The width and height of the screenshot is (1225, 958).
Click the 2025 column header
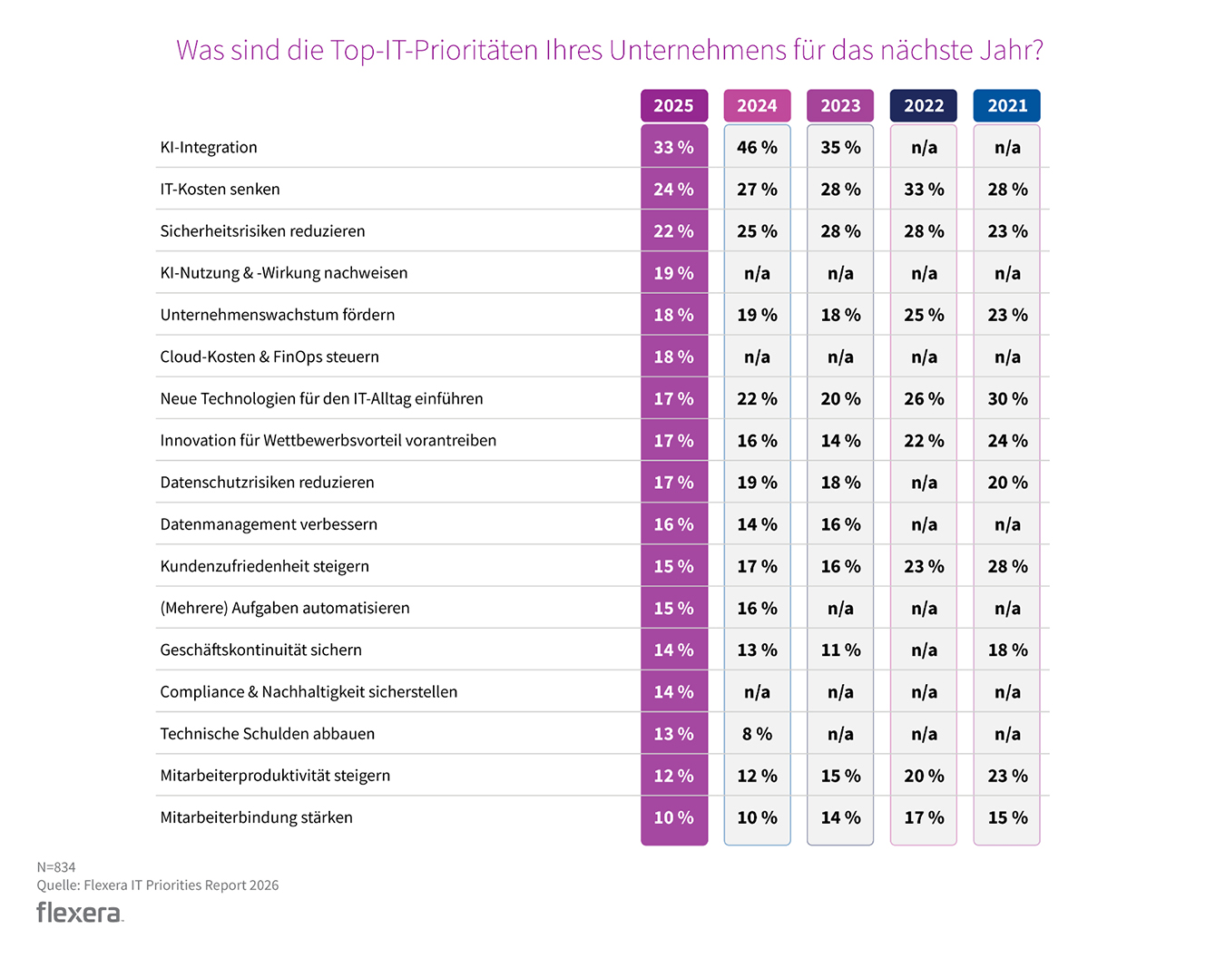[673, 106]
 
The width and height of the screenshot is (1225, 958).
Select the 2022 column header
[924, 106]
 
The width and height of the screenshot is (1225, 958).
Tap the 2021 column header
[1007, 106]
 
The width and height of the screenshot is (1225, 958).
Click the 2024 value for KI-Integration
[757, 147]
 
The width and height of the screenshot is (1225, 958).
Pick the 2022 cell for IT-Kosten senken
[924, 190]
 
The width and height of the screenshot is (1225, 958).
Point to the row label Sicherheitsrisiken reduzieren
[262, 231]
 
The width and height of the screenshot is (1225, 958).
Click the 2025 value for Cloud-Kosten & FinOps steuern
[673, 357]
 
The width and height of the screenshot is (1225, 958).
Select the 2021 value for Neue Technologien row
[1007, 399]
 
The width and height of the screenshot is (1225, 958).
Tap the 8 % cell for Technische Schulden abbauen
[757, 734]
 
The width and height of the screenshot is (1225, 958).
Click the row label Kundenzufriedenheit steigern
[264, 566]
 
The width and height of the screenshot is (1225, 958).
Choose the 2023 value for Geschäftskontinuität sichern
[840, 650]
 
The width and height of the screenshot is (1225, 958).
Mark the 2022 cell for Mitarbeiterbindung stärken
[924, 817]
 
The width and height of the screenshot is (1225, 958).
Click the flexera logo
[80, 913]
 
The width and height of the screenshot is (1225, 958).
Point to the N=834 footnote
[56, 867]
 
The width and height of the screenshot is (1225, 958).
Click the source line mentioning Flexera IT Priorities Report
[158, 885]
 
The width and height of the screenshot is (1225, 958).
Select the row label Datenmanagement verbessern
[269, 524]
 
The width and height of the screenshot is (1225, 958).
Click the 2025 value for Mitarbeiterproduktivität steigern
[673, 776]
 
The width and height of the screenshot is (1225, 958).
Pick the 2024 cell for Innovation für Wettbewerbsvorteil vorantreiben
[757, 441]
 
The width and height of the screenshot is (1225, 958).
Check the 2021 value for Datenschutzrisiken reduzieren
[1007, 483]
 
